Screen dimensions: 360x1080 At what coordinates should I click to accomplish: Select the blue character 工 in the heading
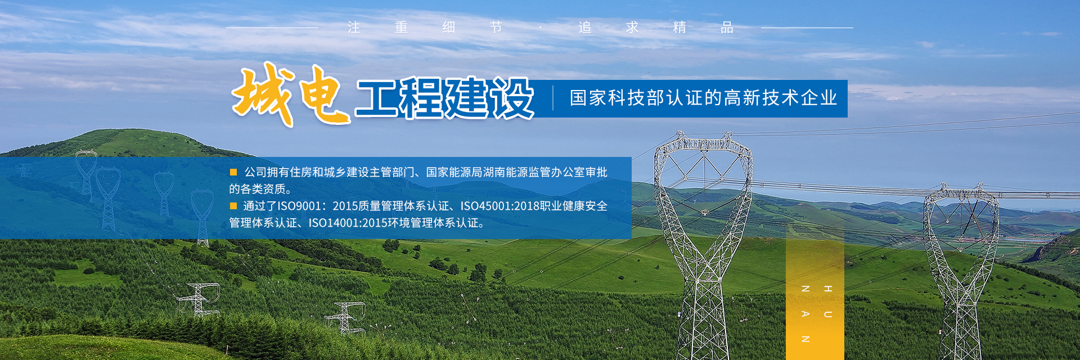(377, 98)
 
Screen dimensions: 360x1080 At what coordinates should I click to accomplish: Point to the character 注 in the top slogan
(353, 28)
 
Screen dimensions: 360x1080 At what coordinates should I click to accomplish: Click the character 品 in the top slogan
(727, 28)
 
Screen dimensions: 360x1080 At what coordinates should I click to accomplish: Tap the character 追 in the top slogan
(585, 28)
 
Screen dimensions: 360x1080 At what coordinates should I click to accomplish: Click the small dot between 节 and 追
(541, 27)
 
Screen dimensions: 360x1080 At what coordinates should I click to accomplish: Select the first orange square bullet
(233, 172)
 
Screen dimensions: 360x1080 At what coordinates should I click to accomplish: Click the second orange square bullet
(233, 206)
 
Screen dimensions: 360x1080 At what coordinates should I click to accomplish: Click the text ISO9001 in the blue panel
(299, 206)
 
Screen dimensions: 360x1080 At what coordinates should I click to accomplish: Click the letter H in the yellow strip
(828, 289)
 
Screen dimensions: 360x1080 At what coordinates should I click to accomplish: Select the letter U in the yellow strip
(828, 314)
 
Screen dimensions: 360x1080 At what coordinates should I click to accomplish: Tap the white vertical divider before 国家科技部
(553, 98)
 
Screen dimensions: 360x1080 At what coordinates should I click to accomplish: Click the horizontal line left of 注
(272, 28)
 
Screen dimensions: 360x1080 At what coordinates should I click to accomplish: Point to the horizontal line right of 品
(807, 28)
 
